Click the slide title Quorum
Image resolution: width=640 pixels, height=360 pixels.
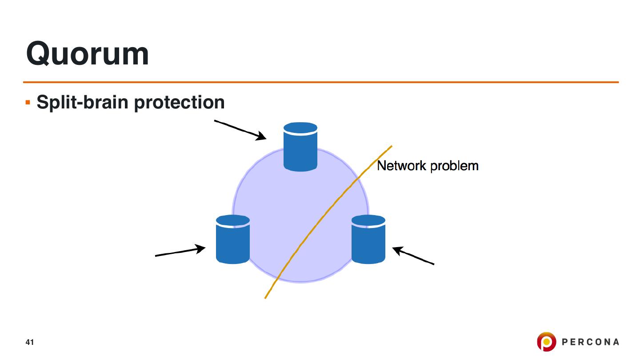(x=88, y=54)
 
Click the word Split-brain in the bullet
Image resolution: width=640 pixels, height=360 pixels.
(x=83, y=102)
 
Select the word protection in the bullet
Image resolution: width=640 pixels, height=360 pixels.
(x=180, y=102)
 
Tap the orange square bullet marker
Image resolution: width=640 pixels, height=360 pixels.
(x=28, y=102)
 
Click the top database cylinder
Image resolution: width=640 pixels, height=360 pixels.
(x=300, y=147)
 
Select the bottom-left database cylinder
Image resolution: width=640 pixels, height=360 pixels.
(x=233, y=240)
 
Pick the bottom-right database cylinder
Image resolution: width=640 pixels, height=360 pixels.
(x=368, y=240)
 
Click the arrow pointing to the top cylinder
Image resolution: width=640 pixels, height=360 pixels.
(x=240, y=130)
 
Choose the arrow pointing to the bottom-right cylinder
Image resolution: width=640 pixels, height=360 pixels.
(x=413, y=256)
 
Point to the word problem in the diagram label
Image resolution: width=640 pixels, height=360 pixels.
(x=454, y=166)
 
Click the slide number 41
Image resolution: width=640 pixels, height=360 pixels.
(x=30, y=342)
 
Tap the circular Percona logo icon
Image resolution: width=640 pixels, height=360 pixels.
(x=547, y=342)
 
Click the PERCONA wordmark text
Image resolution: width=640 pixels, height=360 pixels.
(x=590, y=342)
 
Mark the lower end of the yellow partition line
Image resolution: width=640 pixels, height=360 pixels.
(x=265, y=298)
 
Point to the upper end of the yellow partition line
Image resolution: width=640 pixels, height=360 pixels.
(x=392, y=146)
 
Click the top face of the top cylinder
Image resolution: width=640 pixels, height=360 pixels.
(x=300, y=128)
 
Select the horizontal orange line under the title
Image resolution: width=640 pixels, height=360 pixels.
(x=321, y=82)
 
